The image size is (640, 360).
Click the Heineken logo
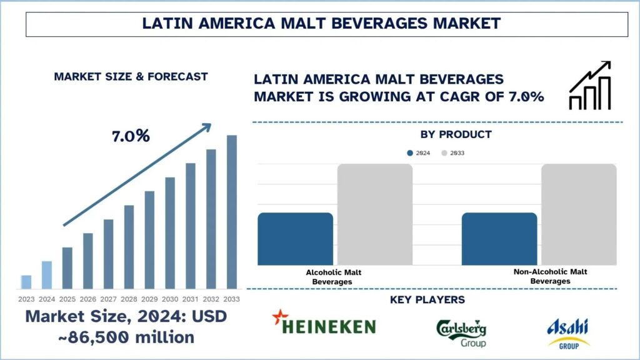(x=324, y=324)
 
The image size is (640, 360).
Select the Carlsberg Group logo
(x=461, y=333)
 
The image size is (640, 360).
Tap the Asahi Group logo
(x=568, y=333)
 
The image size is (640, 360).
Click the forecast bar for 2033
(x=232, y=212)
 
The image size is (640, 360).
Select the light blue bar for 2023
(x=26, y=282)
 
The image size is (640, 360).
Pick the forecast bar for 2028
(x=129, y=247)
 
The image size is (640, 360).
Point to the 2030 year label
(x=170, y=299)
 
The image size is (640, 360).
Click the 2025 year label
(x=67, y=299)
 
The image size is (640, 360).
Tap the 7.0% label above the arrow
(x=131, y=136)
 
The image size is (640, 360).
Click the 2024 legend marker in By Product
(x=410, y=153)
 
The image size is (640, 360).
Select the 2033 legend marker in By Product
(x=444, y=153)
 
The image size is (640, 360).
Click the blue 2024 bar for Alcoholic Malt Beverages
(x=295, y=239)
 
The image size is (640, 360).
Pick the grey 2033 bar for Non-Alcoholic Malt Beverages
(x=579, y=215)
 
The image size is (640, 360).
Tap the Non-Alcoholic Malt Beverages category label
(x=550, y=276)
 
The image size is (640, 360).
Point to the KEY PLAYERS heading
(x=427, y=300)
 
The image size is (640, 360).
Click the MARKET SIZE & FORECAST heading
(x=131, y=77)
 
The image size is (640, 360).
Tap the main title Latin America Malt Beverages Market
(x=321, y=24)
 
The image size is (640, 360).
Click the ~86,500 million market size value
(x=109, y=337)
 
